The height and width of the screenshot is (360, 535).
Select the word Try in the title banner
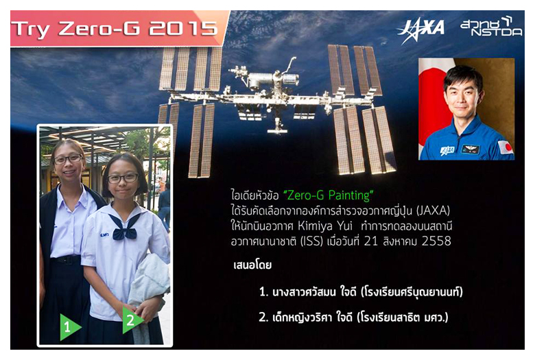32,29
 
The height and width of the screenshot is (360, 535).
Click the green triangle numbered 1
70,327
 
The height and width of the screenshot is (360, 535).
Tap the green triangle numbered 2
132,320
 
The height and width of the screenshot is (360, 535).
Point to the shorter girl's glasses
123,178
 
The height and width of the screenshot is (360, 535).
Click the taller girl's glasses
68,159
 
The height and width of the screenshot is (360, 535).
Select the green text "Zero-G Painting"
329,195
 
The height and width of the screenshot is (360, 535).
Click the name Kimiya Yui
325,226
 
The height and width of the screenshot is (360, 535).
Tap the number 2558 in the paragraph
436,241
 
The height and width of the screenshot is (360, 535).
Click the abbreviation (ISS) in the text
311,241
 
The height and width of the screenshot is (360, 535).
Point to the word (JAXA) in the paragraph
433,211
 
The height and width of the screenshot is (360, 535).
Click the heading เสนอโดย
252,265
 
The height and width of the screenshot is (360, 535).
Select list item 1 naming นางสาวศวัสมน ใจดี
361,291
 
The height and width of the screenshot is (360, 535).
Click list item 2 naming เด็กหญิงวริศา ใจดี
353,317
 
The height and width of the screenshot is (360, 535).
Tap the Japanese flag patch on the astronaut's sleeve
506,147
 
